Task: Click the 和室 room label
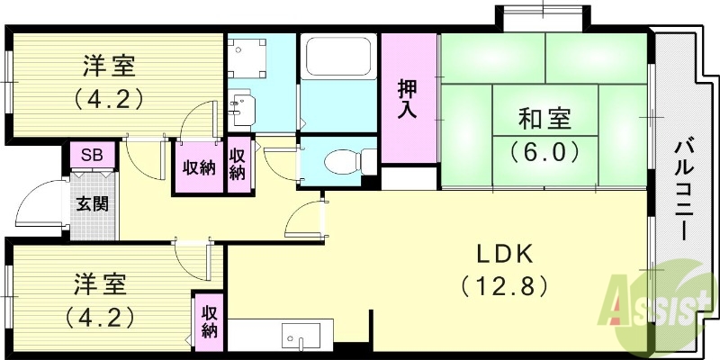pos(544,118)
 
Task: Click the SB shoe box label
pos(92,155)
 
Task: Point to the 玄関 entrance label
pos(92,203)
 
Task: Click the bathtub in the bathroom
pos(339,57)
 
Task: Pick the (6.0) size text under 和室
pos(544,150)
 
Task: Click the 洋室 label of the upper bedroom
pos(110,66)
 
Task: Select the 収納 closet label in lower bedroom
pos(209,322)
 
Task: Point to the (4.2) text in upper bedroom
pos(110,96)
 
